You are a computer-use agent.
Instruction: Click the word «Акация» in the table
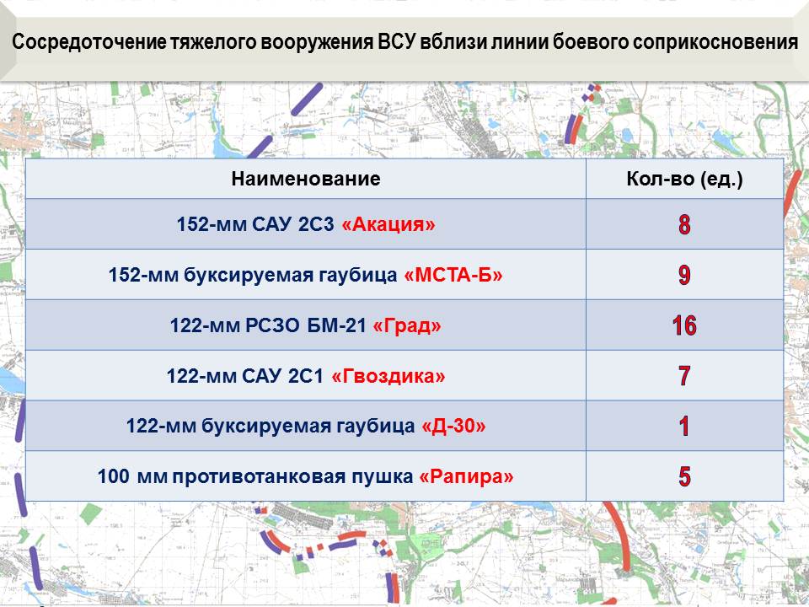(x=388, y=224)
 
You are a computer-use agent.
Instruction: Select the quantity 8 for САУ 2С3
(x=684, y=224)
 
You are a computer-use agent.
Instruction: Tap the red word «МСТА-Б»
(x=453, y=275)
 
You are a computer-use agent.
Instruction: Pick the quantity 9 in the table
(x=684, y=275)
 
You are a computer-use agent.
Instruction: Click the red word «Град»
(x=406, y=325)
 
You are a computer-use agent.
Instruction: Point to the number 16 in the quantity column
(x=684, y=325)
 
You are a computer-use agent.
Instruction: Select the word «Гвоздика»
(x=388, y=376)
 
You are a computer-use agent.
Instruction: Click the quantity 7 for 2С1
(x=684, y=375)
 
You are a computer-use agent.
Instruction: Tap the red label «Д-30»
(x=453, y=427)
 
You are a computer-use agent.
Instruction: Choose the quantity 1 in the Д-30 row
(x=684, y=426)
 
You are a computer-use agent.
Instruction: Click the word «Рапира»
(x=466, y=476)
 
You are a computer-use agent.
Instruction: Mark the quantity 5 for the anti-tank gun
(x=684, y=475)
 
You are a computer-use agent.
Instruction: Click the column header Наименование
(x=305, y=179)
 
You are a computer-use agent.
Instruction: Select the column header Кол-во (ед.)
(x=684, y=179)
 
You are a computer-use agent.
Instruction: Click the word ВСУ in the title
(x=396, y=42)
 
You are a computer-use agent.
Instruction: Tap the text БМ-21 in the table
(x=336, y=325)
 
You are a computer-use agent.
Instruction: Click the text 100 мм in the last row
(x=132, y=475)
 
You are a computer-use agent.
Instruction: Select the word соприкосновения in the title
(x=715, y=42)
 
